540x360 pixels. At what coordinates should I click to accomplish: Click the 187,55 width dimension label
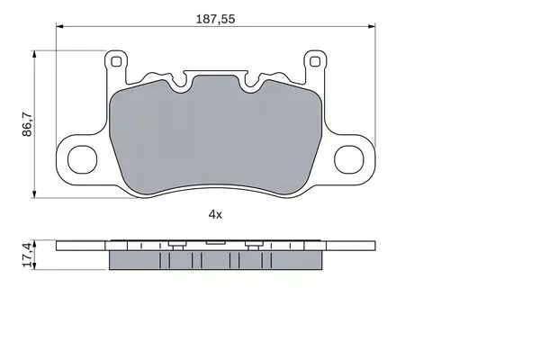click(215, 19)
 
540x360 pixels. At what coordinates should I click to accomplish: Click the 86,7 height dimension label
click(27, 124)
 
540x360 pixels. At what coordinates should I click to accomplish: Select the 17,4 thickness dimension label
click(27, 255)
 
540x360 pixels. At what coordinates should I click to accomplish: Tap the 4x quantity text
click(215, 214)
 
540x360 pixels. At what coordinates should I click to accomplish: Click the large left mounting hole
click(82, 159)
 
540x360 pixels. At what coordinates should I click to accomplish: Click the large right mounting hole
click(349, 159)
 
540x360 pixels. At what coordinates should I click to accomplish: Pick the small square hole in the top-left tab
click(116, 62)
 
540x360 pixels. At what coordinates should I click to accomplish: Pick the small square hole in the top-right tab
click(315, 62)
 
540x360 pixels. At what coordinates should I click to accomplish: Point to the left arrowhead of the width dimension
click(59, 26)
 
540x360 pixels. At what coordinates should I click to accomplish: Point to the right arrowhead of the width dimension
click(372, 26)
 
